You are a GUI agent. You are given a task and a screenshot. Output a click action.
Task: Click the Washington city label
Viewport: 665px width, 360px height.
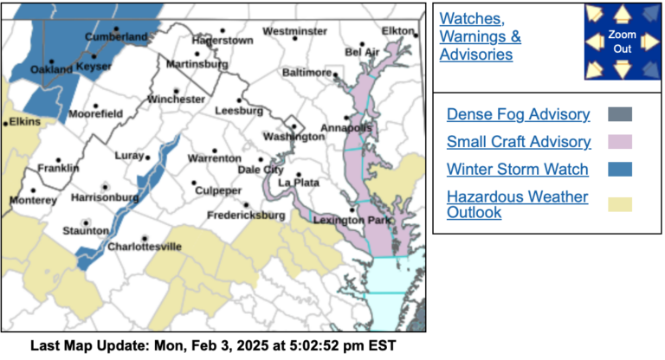click(x=293, y=137)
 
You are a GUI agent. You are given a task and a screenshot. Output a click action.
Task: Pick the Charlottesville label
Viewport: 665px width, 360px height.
click(x=145, y=247)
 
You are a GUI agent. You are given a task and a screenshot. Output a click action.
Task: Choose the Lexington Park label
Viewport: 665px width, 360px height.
click(x=352, y=221)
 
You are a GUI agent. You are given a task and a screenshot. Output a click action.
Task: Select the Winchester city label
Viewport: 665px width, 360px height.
click(x=177, y=100)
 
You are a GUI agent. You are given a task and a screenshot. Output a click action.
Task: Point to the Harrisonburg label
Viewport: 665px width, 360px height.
click(x=104, y=197)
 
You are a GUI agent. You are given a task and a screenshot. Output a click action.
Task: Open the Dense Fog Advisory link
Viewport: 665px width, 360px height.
click(x=519, y=114)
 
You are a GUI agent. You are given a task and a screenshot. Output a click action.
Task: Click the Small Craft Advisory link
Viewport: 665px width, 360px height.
click(x=519, y=142)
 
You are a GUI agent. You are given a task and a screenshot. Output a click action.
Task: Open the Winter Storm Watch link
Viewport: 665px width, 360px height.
click(x=518, y=169)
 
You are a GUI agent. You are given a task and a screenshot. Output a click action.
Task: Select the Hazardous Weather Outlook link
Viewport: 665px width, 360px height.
click(x=518, y=204)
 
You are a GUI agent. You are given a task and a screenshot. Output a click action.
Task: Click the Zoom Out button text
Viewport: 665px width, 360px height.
click(x=622, y=41)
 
